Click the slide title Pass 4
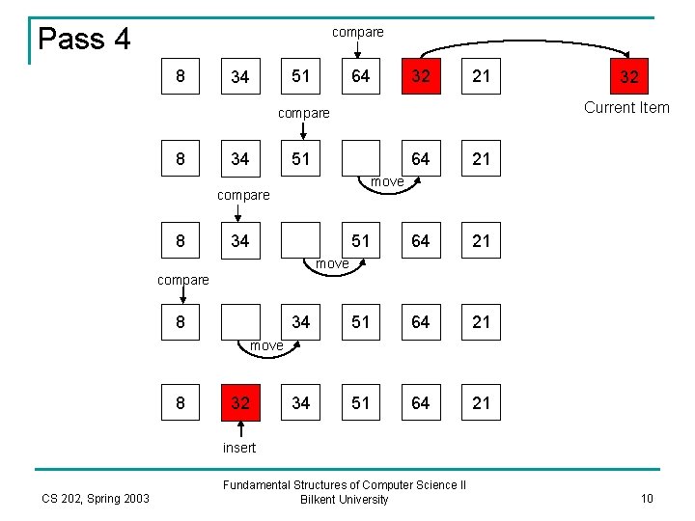click(x=84, y=40)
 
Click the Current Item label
click(x=626, y=107)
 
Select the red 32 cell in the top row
click(x=420, y=76)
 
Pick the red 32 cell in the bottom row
click(x=240, y=402)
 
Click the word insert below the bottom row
click(x=239, y=448)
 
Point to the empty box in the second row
click(x=361, y=158)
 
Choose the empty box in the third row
click(x=300, y=240)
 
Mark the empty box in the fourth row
click(x=240, y=321)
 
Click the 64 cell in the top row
click(x=360, y=76)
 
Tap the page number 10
click(x=648, y=498)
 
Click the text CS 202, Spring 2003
click(x=96, y=498)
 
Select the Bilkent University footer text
click(x=344, y=500)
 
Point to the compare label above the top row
click(x=357, y=32)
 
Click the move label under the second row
click(x=387, y=181)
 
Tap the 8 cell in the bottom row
click(x=181, y=402)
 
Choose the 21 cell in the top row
click(x=481, y=76)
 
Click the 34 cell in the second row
click(x=240, y=158)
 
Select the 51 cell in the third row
click(x=360, y=240)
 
